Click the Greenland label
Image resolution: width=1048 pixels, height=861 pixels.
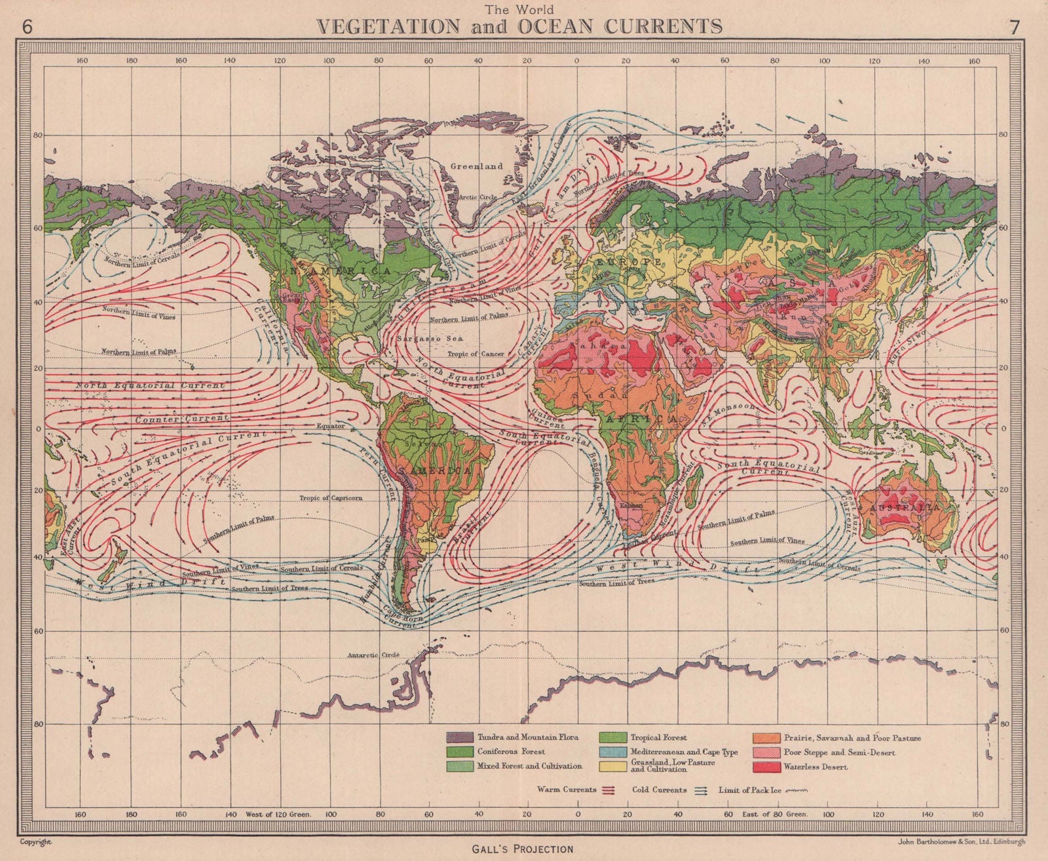point(476,166)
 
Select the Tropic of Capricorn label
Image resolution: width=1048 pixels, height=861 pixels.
point(331,498)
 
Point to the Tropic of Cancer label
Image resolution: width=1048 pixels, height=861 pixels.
point(476,354)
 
